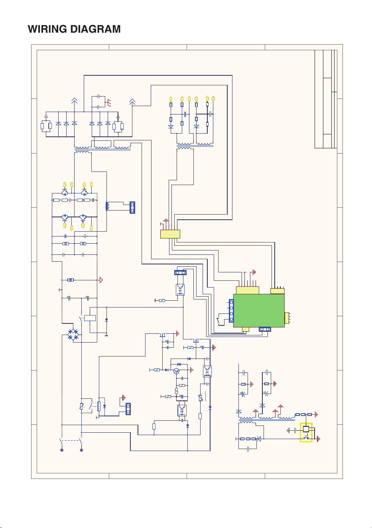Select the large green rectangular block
coord(259,310)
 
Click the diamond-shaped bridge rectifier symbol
coord(73,335)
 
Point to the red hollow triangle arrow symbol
coord(101,280)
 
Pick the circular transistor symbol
coord(176,371)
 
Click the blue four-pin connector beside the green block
coord(231,311)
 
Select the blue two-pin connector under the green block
coord(265,329)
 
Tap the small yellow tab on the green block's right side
coord(287,318)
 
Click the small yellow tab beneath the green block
coord(245,329)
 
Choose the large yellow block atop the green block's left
coord(248,290)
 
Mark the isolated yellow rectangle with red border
coord(170,234)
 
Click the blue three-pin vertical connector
coord(132,207)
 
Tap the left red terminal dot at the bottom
coord(62,450)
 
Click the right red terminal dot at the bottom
coord(82,450)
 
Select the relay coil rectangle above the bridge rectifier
coord(90,318)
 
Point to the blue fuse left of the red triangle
coord(71,280)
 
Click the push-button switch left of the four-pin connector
coord(218,321)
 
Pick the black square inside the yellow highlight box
coord(306,429)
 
